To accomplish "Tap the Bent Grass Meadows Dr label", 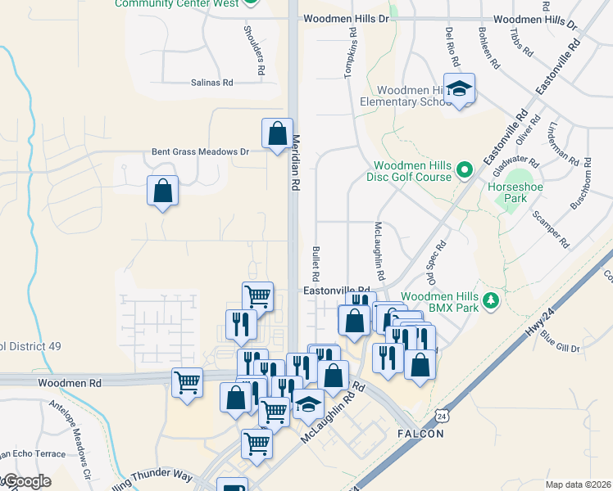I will pyautogui.click(x=200, y=151).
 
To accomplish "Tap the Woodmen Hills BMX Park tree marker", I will pyautogui.click(x=491, y=300).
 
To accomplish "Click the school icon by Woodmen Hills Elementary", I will pyautogui.click(x=460, y=89).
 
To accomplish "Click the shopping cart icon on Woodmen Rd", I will pyautogui.click(x=187, y=381).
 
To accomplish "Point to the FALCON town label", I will pyautogui.click(x=420, y=433).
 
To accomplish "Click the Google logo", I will pyautogui.click(x=26, y=482).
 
